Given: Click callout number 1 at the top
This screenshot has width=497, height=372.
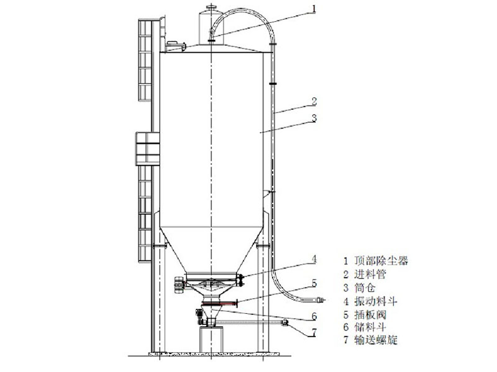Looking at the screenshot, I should [314, 9].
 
